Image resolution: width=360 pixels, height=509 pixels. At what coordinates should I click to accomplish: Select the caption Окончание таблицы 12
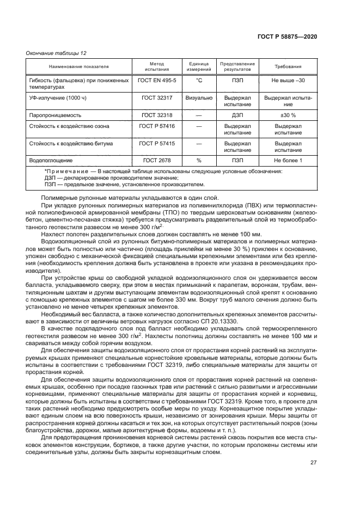[56, 53]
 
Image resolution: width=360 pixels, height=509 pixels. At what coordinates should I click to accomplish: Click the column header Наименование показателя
[79, 66]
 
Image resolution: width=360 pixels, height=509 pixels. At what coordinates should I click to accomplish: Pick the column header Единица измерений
[199, 66]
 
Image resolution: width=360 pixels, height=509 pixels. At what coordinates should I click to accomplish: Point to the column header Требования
[288, 66]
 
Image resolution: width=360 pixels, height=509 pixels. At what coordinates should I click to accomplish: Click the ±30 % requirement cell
[288, 115]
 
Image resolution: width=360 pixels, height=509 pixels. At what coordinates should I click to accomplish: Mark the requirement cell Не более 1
[288, 161]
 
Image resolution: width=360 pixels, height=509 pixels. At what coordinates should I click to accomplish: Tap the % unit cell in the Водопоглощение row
[199, 161]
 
